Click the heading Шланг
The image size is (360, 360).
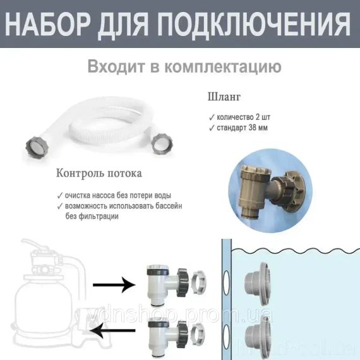[224, 98]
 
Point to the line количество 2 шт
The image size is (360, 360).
[247, 117]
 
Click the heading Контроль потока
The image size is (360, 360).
[99, 173]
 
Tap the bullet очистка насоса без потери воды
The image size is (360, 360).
[117, 195]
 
